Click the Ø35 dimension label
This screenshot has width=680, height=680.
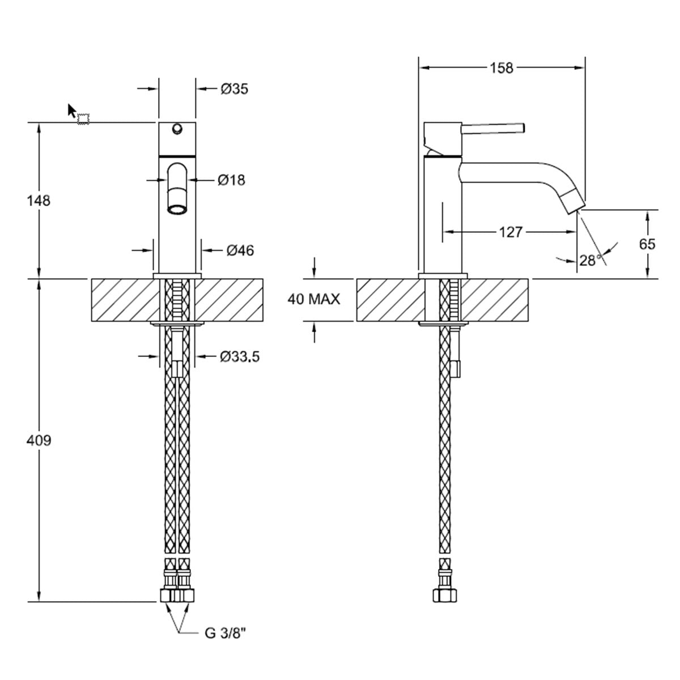(234, 89)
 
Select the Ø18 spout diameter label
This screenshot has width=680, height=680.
(231, 180)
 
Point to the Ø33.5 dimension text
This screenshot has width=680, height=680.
(239, 356)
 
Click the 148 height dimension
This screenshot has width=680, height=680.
(39, 201)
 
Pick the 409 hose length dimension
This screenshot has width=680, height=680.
(39, 440)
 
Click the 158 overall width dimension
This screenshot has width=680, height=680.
(501, 68)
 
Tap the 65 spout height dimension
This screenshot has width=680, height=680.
(647, 244)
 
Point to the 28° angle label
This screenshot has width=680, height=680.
(589, 260)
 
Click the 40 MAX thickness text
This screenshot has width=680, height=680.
(314, 300)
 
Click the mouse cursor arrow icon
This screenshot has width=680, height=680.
(72, 110)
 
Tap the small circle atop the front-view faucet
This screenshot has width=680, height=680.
(177, 129)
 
